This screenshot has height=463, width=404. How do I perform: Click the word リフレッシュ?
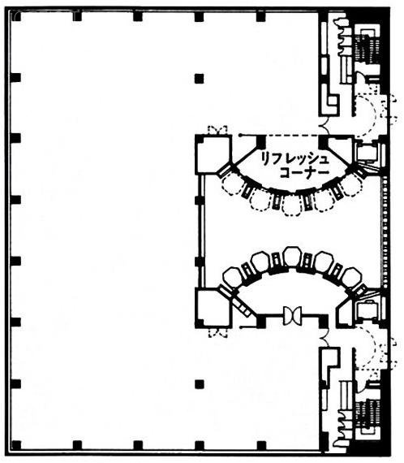[x=294, y=159]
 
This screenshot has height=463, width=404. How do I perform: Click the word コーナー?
[x=304, y=173]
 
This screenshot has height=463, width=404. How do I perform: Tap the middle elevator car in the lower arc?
[x=292, y=257]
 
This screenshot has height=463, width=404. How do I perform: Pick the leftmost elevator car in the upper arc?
[x=231, y=184]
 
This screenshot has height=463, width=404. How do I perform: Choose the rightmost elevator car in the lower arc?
[x=353, y=277]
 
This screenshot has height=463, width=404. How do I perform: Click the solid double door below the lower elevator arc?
[x=292, y=316]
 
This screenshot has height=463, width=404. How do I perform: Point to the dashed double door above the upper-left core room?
[x=217, y=130]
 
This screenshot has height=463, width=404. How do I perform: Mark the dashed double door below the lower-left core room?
[x=218, y=333]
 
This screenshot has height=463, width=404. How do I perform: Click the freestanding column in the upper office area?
[x=200, y=79]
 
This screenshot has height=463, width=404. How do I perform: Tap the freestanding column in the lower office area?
[x=200, y=384]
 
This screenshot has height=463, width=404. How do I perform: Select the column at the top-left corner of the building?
[x=15, y=15]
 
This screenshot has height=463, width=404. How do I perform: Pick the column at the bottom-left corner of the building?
[x=15, y=445]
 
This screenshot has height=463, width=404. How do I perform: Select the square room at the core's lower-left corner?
[x=213, y=309]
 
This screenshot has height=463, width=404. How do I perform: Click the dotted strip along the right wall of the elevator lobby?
[x=385, y=231]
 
